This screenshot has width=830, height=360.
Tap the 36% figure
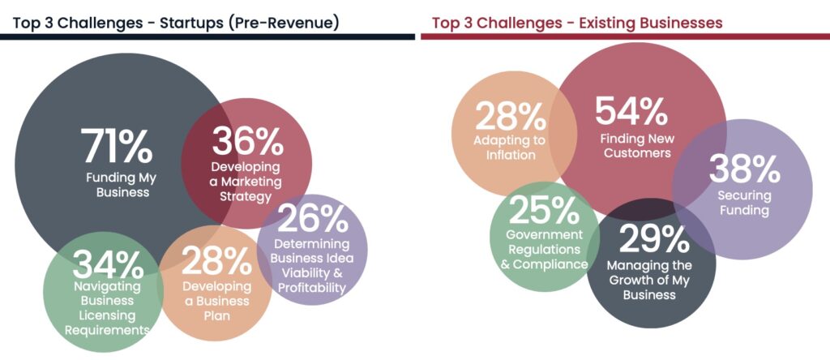(x=247, y=142)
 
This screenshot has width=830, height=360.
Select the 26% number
(x=313, y=217)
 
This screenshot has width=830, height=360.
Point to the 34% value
(x=109, y=264)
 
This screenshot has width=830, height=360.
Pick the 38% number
(x=744, y=169)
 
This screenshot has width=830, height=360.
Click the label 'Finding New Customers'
(x=635, y=145)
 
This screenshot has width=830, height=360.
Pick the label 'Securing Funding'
(x=744, y=203)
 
